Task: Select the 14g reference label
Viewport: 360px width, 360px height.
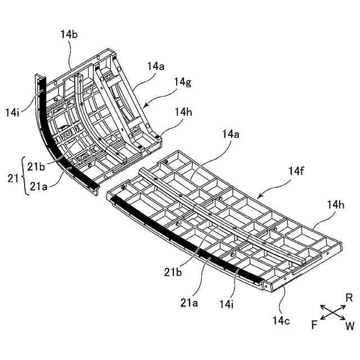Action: pyautogui.click(x=183, y=83)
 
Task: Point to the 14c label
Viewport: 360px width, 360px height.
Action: pyautogui.click(x=282, y=321)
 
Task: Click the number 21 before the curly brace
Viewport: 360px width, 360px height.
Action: pyautogui.click(x=11, y=179)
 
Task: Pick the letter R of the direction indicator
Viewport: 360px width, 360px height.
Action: pyautogui.click(x=349, y=298)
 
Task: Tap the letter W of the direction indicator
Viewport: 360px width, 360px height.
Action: pyautogui.click(x=350, y=325)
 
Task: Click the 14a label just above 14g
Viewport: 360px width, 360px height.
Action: pyautogui.click(x=156, y=66)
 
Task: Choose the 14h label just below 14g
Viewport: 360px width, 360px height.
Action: pyautogui.click(x=183, y=112)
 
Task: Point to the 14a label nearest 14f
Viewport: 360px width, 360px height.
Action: pyautogui.click(x=231, y=134)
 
